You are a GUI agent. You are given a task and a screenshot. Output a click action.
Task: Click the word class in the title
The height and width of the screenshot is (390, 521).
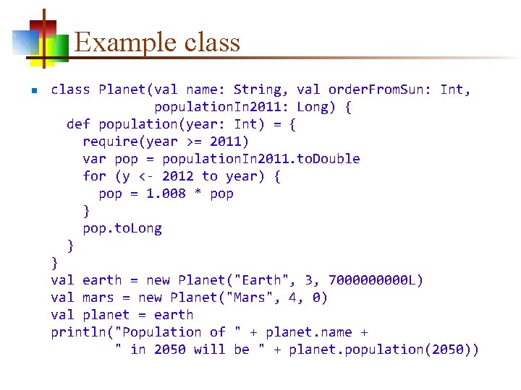pyautogui.click(x=212, y=43)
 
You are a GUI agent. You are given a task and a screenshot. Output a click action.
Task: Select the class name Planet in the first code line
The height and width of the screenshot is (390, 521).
pyautogui.click(x=122, y=90)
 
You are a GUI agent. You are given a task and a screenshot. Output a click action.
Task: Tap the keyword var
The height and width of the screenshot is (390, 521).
pyautogui.click(x=94, y=159)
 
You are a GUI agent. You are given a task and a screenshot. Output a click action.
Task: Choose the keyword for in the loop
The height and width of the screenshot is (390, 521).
pyautogui.click(x=94, y=176)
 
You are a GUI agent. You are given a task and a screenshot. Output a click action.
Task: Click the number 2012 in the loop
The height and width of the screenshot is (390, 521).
pyautogui.click(x=177, y=176)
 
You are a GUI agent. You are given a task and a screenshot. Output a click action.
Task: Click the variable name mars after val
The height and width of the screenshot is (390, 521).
pyautogui.click(x=98, y=298)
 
